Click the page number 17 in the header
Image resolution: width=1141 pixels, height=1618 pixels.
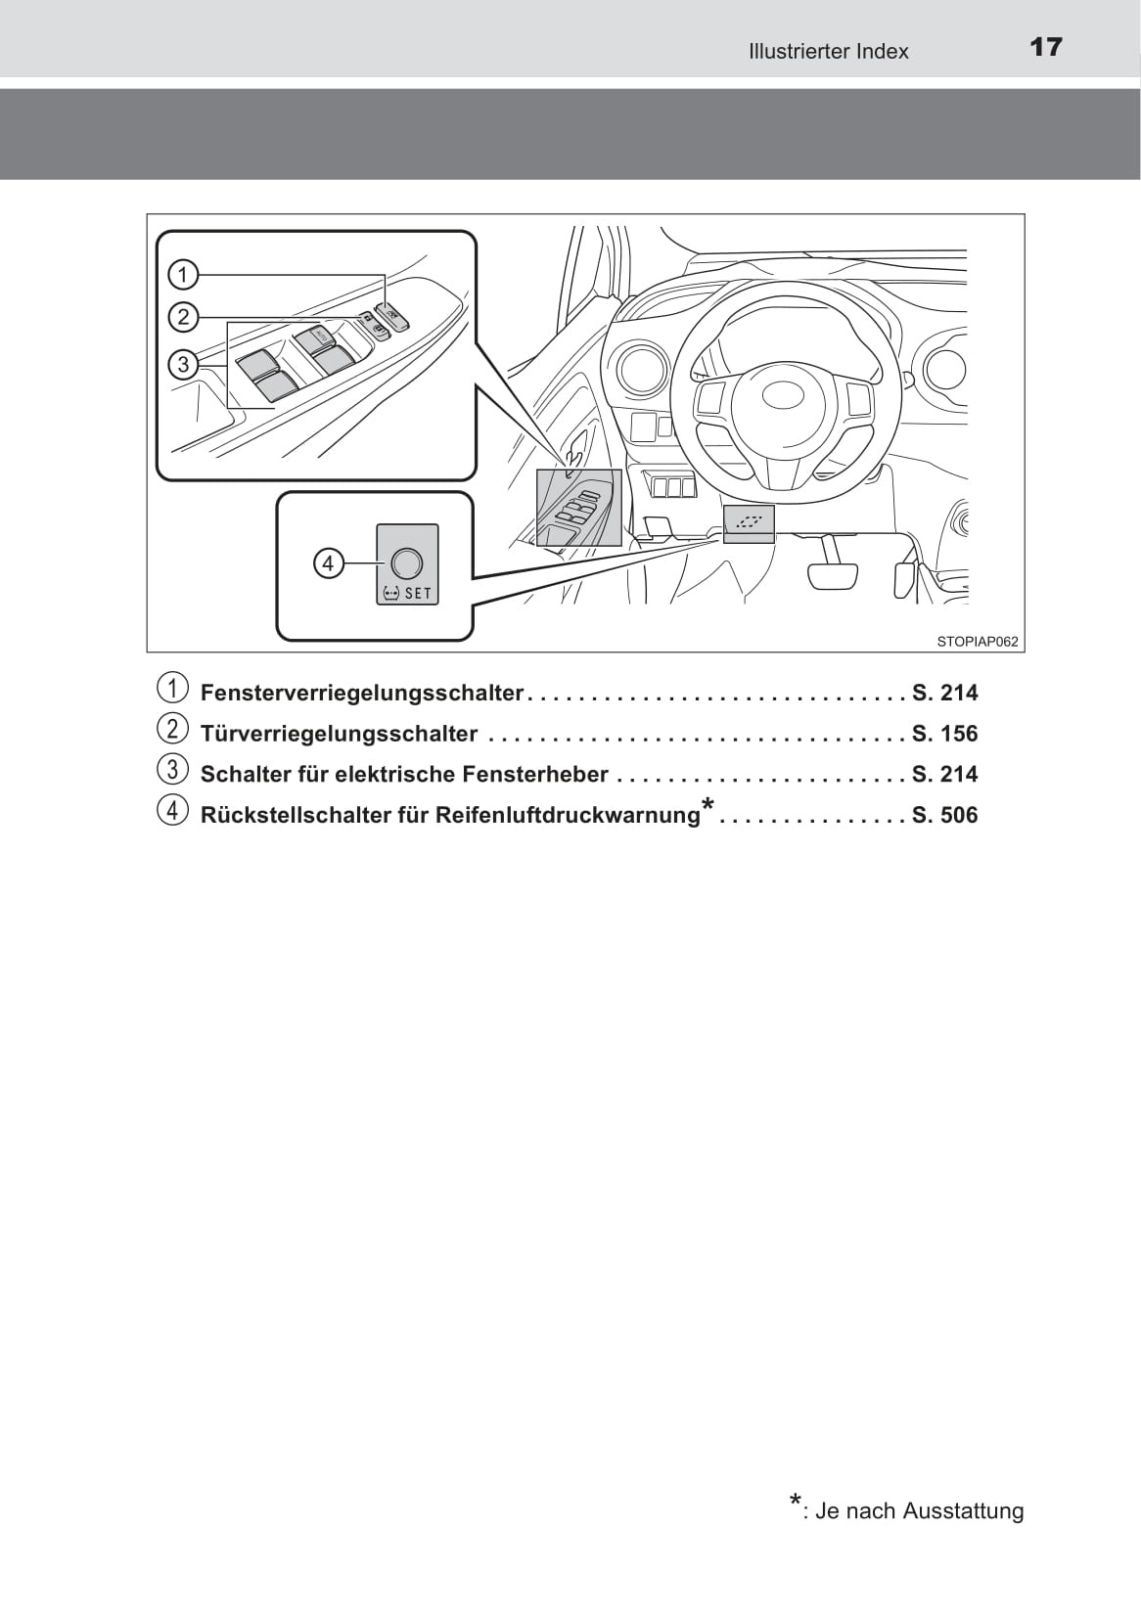point(1045,47)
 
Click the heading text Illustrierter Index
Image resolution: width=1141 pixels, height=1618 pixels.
point(828,51)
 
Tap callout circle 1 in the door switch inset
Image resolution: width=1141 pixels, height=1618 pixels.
point(183,274)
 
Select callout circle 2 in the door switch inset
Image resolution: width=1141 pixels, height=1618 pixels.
point(183,317)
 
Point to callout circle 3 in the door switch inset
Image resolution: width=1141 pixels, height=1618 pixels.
point(183,365)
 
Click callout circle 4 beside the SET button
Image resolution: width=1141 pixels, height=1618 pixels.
point(328,563)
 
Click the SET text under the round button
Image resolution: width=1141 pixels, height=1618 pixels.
point(418,593)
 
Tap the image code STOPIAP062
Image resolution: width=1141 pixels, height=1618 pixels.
point(977,642)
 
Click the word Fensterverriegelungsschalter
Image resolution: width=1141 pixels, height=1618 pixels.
point(362,693)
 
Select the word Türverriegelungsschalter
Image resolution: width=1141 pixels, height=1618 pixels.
point(339,734)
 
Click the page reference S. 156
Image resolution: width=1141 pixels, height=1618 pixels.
point(944,734)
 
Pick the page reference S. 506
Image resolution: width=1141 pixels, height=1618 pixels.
point(944,815)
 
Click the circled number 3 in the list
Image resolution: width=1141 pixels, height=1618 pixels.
point(172,770)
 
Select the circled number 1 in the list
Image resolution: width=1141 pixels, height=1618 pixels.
point(172,689)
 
